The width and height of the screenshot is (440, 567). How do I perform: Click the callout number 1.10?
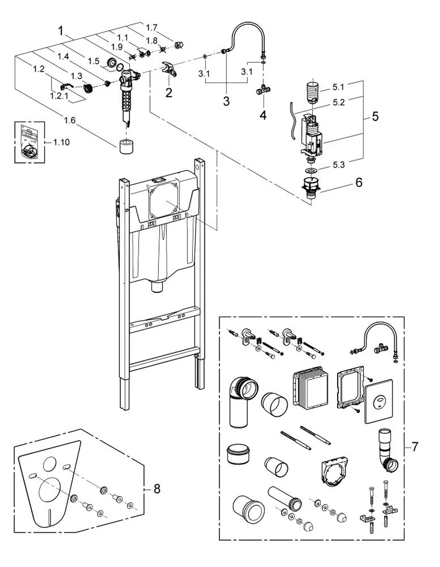62,142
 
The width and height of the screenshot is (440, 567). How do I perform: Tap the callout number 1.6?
70,120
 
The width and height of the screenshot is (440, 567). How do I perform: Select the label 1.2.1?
59,96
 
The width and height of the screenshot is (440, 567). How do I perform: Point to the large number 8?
157,489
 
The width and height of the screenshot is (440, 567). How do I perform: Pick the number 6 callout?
359,182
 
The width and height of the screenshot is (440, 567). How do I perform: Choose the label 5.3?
339,165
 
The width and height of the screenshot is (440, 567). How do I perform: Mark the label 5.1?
338,87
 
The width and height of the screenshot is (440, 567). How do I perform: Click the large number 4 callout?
263,115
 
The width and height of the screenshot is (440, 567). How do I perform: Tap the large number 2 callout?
169,93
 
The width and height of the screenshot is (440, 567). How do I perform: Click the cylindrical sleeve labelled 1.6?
126,147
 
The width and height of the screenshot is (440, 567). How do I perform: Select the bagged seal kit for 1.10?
29,142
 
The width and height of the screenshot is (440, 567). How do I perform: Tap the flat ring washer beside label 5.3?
311,171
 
